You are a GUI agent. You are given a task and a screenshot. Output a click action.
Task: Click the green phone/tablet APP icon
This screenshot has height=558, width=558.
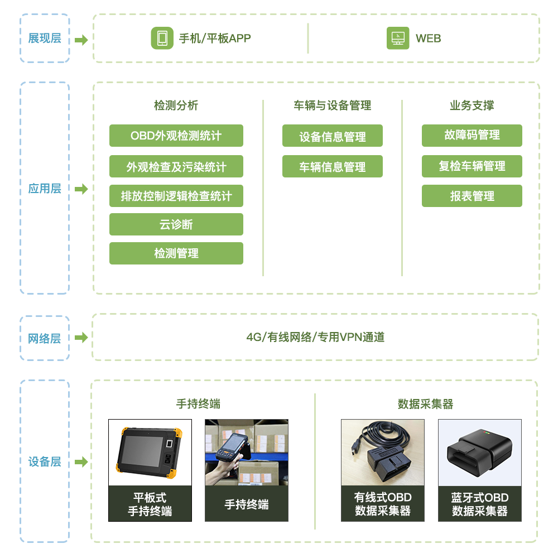pos(162,38)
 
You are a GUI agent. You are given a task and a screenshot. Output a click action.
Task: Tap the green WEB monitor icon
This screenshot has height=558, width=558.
pos(398,38)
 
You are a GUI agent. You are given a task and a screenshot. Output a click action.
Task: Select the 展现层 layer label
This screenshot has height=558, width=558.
pos(45,38)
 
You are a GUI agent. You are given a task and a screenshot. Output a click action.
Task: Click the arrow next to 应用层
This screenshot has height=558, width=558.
pos(81,189)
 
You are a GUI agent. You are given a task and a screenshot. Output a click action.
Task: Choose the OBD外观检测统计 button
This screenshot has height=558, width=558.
pos(176,136)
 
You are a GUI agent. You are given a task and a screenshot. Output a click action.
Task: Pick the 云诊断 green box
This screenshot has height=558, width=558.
pos(176,224)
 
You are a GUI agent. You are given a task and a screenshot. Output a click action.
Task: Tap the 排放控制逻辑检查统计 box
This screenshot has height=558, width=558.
pos(176,196)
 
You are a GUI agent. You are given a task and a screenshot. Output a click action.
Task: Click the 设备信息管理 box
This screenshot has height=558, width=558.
pos(333,136)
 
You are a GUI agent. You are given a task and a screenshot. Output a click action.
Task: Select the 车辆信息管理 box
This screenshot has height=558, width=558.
pos(333,166)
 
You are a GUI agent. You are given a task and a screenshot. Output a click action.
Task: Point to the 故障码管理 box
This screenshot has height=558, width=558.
pos(472,136)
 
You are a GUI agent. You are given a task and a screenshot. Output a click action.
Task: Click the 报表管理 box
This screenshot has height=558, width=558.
pos(472,196)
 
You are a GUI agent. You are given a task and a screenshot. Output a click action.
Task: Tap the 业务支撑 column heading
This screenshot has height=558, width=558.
pos(472,105)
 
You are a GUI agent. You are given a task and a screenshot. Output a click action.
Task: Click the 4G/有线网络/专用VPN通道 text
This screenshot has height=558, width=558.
pos(315,337)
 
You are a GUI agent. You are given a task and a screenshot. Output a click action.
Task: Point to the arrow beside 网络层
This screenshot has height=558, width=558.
pos(81,337)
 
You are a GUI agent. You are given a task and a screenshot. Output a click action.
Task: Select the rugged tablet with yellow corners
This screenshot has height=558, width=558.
pos(150,453)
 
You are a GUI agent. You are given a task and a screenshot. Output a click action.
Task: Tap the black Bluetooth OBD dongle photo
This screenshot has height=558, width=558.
pos(480,453)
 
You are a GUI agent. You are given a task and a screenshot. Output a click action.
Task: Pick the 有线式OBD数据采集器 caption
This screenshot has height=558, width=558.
pos(383,504)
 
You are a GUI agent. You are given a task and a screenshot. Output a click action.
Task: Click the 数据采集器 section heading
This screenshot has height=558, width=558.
pos(426,404)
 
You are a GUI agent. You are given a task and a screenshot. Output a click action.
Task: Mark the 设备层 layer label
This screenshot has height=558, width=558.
pos(45,461)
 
